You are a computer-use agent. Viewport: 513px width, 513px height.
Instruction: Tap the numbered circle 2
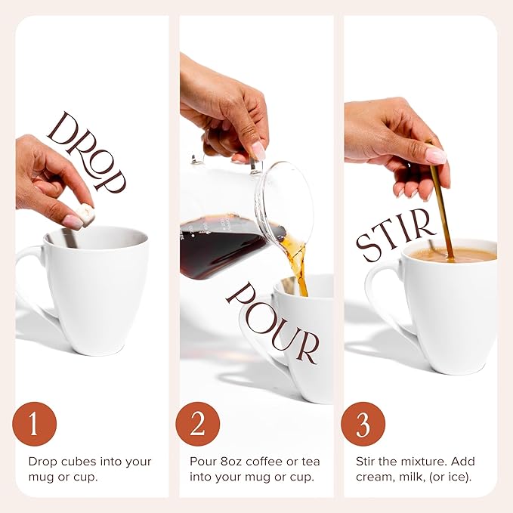[x=198, y=423]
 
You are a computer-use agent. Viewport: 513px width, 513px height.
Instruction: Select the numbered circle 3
[x=363, y=423]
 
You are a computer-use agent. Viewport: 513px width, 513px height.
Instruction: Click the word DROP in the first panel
[x=85, y=150]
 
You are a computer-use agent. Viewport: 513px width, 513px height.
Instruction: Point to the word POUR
[x=272, y=321]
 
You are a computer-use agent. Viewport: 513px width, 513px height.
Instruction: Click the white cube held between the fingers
[x=88, y=215]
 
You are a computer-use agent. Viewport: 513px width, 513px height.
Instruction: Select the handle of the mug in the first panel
[x=28, y=280]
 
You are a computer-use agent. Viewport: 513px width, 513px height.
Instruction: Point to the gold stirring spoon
[x=441, y=204]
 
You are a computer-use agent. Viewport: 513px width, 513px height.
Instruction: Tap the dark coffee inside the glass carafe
[x=219, y=246]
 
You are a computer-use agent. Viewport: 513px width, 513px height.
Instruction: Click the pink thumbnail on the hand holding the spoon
[x=436, y=156]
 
